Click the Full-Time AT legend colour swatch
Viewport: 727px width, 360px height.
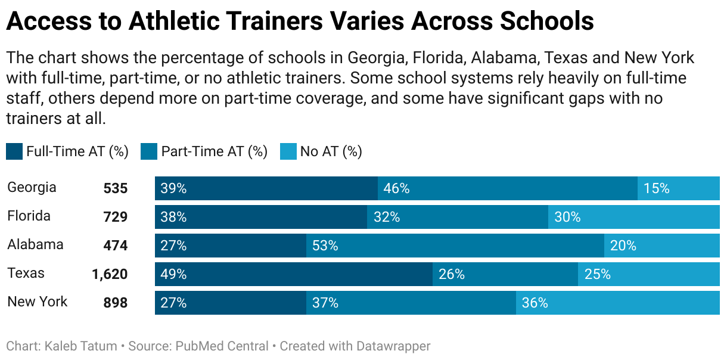click(14, 151)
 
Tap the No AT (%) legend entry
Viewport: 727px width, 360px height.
click(331, 151)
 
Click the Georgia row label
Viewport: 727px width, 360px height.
click(32, 188)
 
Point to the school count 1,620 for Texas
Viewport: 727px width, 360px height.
click(110, 274)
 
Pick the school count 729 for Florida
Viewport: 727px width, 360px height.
click(116, 217)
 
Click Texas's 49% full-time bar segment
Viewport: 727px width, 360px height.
click(293, 274)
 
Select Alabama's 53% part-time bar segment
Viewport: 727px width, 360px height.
click(455, 246)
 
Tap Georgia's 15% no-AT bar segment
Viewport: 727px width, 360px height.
click(678, 188)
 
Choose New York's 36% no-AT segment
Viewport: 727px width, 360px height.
click(617, 303)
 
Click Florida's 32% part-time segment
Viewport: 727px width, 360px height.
click(457, 217)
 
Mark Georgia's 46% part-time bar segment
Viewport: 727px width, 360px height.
click(507, 188)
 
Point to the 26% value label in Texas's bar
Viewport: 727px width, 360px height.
click(452, 274)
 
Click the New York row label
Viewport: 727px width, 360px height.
click(37, 302)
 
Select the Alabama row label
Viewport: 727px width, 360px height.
click(35, 244)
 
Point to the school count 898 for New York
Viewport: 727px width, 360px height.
click(116, 303)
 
